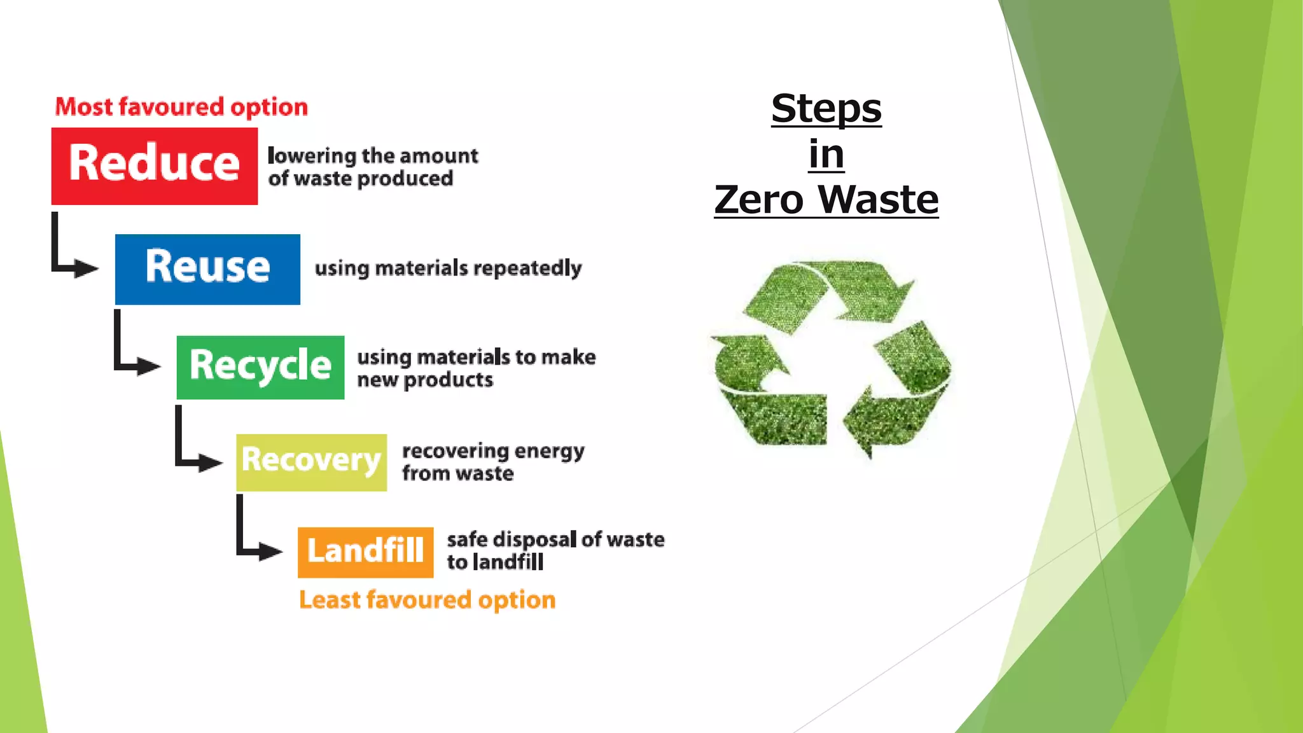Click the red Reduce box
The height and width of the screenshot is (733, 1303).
(x=154, y=165)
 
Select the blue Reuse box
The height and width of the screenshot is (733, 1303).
(x=207, y=269)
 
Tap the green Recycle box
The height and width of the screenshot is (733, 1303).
(x=260, y=367)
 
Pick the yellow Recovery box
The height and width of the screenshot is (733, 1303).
(x=311, y=462)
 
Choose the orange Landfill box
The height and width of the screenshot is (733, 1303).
(x=365, y=552)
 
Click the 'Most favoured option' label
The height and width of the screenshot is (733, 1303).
(x=181, y=107)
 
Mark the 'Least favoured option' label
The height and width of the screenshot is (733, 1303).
(x=427, y=600)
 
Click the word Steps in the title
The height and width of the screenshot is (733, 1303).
(x=826, y=109)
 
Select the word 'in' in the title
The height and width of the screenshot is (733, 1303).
(x=826, y=155)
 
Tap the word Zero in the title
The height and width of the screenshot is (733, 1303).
(x=758, y=200)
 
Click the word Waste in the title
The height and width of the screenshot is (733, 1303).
(x=878, y=200)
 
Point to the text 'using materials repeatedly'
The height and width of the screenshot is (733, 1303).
(x=448, y=269)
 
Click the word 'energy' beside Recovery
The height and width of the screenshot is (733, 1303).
(x=549, y=452)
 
